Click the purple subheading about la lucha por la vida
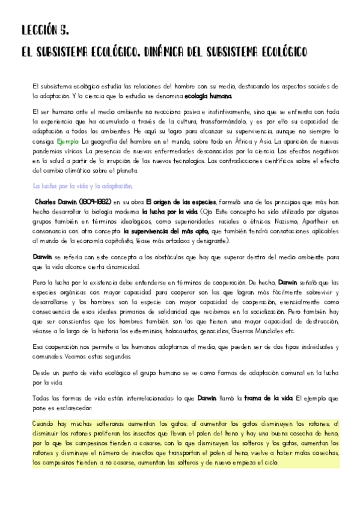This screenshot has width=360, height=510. tap(82, 186)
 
